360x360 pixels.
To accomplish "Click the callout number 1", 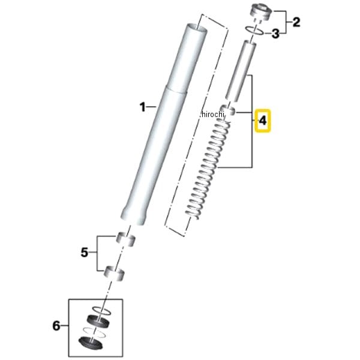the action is tap(143, 107).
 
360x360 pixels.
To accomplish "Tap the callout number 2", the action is tap(296, 22).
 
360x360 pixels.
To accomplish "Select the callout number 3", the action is tap(275, 34).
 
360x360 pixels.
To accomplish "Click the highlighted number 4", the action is tap(263, 121).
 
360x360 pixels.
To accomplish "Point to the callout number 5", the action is tap(85, 253).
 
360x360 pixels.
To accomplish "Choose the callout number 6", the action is tap(56, 326).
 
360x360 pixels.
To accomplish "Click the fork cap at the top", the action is tap(261, 12).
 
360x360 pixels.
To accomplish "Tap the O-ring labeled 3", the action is tap(254, 31).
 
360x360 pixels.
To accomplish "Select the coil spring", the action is tap(208, 169).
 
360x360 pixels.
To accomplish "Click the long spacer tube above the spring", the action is tap(241, 71).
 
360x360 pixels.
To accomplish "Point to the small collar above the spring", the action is tap(228, 110).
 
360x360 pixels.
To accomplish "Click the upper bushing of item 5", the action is tap(126, 239).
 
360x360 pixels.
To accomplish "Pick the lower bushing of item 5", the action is tap(115, 273).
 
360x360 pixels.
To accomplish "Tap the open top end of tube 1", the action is tap(197, 28).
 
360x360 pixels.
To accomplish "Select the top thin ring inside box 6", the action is tap(101, 310).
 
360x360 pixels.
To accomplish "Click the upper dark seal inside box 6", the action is tap(98, 321).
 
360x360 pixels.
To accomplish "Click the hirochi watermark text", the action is tap(212, 114).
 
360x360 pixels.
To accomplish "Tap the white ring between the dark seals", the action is tap(94, 332).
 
